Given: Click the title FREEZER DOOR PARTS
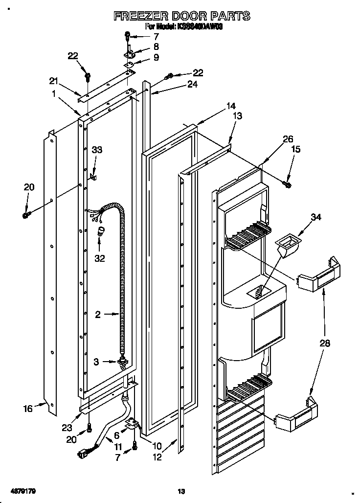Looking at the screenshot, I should [181, 16].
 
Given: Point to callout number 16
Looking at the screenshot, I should [28, 408].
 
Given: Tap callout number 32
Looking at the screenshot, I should [99, 258].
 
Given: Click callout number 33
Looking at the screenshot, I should [97, 150].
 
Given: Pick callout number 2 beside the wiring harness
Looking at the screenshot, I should [98, 315].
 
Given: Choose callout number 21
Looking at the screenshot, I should [53, 81].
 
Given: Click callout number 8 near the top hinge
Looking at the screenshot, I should [156, 47].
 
